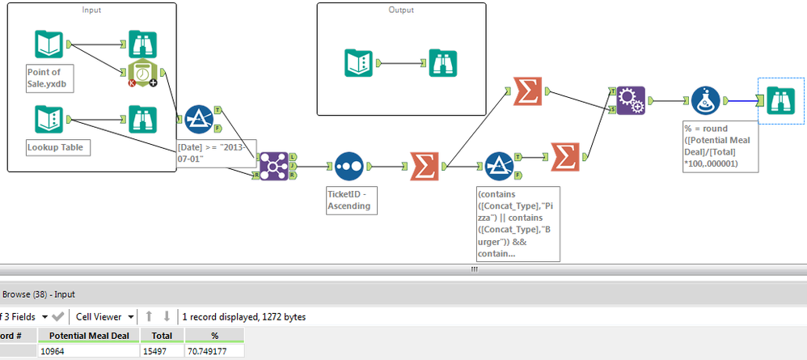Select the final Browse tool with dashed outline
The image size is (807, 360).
[780, 101]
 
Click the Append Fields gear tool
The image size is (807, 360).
[631, 101]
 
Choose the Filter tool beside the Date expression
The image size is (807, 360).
[199, 119]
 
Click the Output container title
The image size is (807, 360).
[401, 11]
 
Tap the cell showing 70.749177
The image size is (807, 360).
[213, 351]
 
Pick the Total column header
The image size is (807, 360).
[162, 335]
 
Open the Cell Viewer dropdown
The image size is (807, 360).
[103, 316]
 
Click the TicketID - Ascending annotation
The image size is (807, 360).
[348, 200]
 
